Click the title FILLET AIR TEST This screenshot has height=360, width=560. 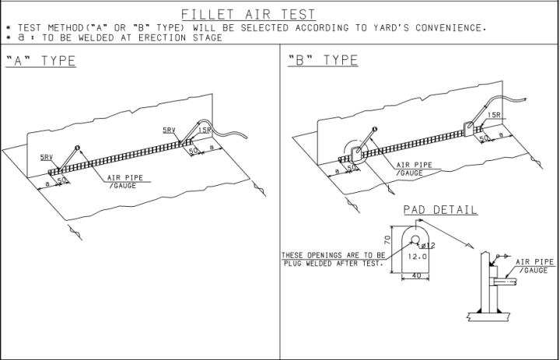point(248,14)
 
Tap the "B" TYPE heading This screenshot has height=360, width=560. point(323,61)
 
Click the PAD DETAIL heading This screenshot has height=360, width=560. point(440,211)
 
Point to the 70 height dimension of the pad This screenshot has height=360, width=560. point(387,241)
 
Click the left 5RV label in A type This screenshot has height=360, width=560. point(47,157)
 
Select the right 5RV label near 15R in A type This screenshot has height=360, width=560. point(170,130)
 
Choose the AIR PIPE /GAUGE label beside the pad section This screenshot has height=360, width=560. point(537,266)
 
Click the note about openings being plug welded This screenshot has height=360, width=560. point(333,259)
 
